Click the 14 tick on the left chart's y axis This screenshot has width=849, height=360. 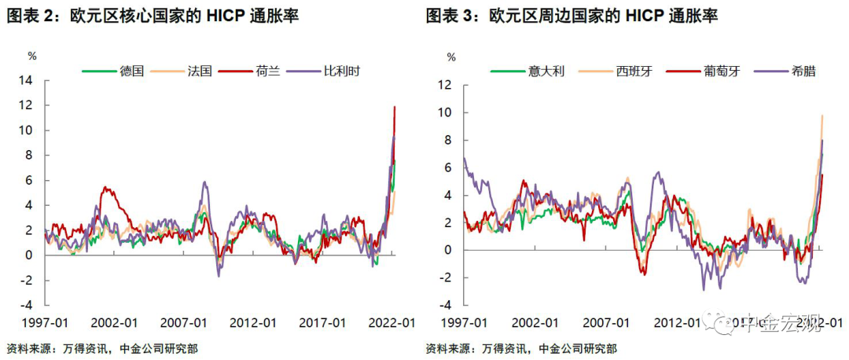[x=27, y=80]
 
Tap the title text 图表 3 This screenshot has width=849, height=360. [x=450, y=15]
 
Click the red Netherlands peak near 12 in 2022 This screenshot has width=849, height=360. [x=394, y=107]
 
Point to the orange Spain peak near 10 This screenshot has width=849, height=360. [x=821, y=116]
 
